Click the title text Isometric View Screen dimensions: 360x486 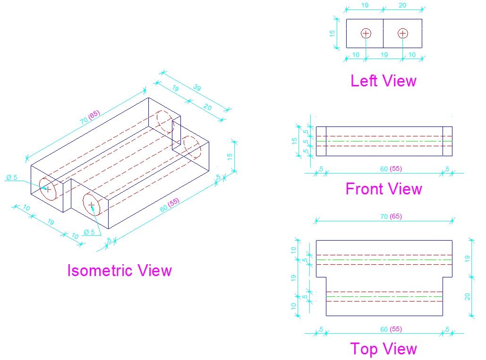pos(119,270)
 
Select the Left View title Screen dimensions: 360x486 pos(383,81)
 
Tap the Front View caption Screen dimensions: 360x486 pos(384,189)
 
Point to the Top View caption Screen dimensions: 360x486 pos(384,349)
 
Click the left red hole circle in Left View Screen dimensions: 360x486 pos(366,33)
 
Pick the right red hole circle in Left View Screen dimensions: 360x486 pos(402,33)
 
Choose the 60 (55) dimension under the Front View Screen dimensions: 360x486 pos(391,169)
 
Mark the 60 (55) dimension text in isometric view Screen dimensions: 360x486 pos(170,206)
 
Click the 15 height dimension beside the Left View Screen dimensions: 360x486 pos(333,33)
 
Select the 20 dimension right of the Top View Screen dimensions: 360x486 pos(468,297)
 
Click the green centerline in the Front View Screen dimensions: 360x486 pos(384,141)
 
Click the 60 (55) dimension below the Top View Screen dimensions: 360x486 pos(391,329)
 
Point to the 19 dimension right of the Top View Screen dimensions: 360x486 pos(468,258)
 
